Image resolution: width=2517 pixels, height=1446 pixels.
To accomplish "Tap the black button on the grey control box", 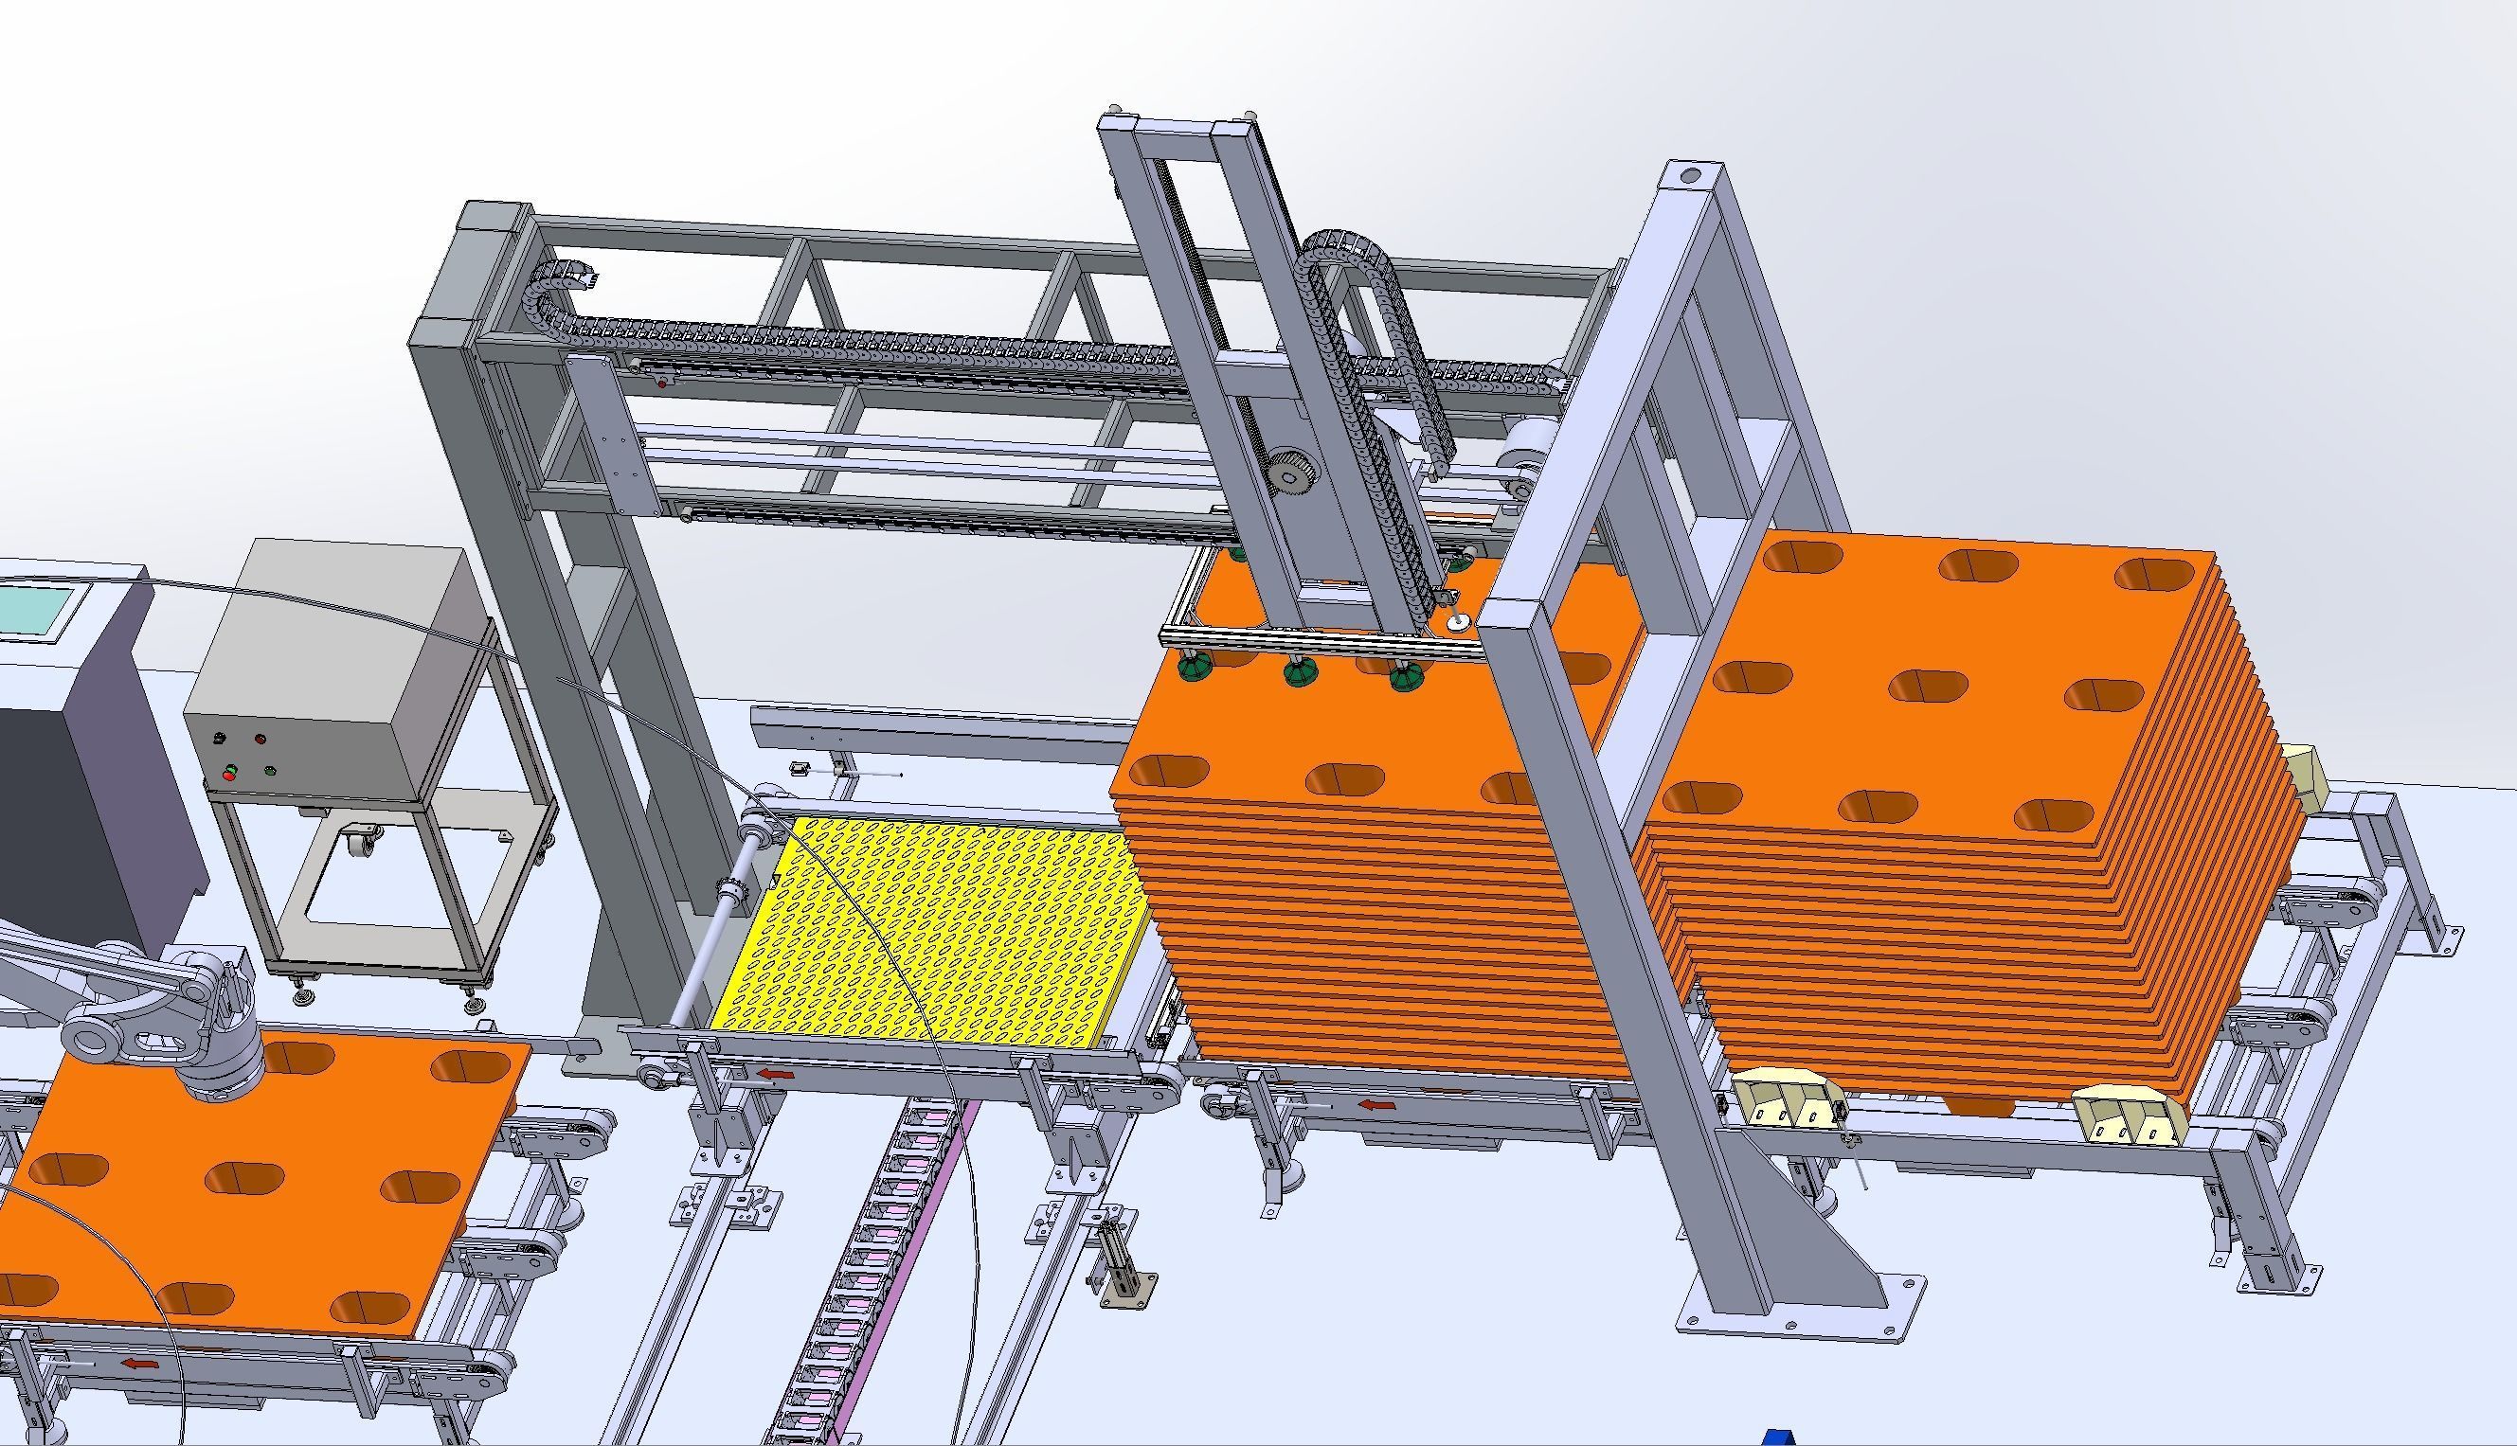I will [220, 738].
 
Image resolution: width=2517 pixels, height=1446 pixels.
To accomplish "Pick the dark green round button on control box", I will [269, 770].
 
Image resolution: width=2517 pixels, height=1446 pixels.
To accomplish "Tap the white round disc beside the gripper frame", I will [1458, 623].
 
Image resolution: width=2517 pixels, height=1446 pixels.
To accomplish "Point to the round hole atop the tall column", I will [1689, 178].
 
